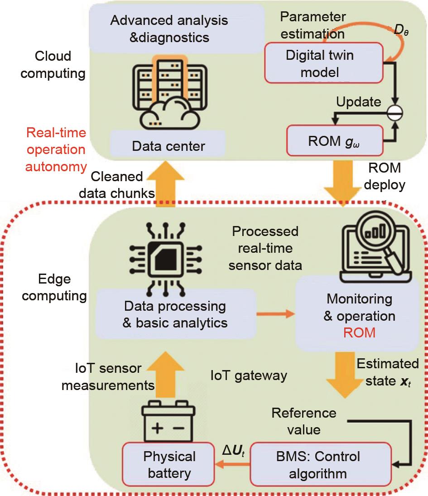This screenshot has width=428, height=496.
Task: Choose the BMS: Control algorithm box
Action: (320, 465)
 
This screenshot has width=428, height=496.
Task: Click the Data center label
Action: (168, 146)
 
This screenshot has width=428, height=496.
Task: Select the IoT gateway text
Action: (249, 376)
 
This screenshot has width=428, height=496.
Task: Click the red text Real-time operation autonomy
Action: (56, 149)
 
